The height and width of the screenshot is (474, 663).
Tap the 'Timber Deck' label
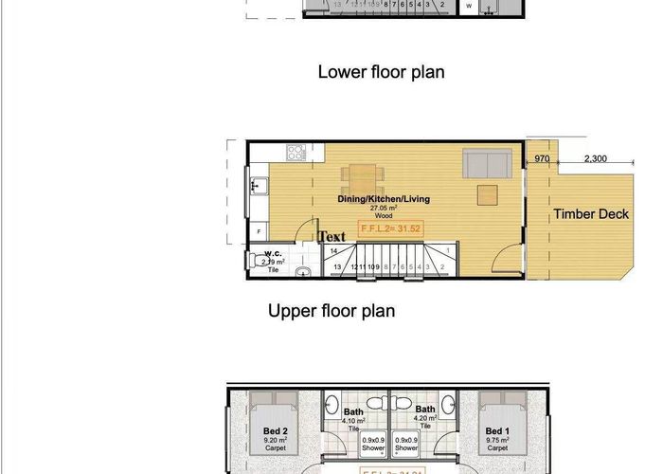(591, 214)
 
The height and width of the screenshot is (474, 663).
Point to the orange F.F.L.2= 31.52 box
(390, 228)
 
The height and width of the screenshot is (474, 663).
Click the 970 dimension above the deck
(542, 158)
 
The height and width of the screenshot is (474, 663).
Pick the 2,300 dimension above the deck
(595, 158)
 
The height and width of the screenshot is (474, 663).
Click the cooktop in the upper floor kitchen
(295, 151)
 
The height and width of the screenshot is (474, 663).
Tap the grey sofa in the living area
(488, 164)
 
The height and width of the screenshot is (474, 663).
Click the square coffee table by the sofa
(487, 194)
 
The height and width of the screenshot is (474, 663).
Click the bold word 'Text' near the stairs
(332, 236)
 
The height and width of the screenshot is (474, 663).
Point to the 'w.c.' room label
(273, 253)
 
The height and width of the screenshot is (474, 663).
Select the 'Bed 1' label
(497, 432)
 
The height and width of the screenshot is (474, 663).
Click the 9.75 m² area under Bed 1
(497, 441)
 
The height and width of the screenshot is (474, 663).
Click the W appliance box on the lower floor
(469, 6)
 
